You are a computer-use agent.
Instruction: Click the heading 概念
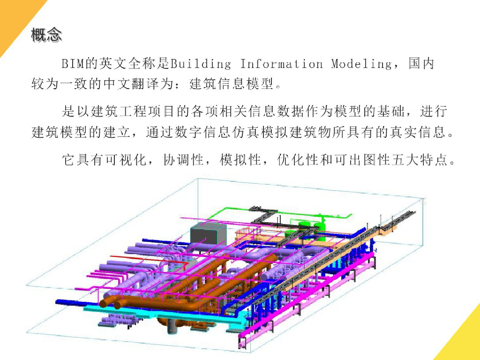pyautogui.click(x=46, y=35)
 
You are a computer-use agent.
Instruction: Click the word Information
pyautogui.click(x=281, y=64)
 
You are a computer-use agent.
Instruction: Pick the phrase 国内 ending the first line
pyautogui.click(x=421, y=64)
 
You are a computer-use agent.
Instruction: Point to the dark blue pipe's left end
pyautogui.click(x=59, y=302)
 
